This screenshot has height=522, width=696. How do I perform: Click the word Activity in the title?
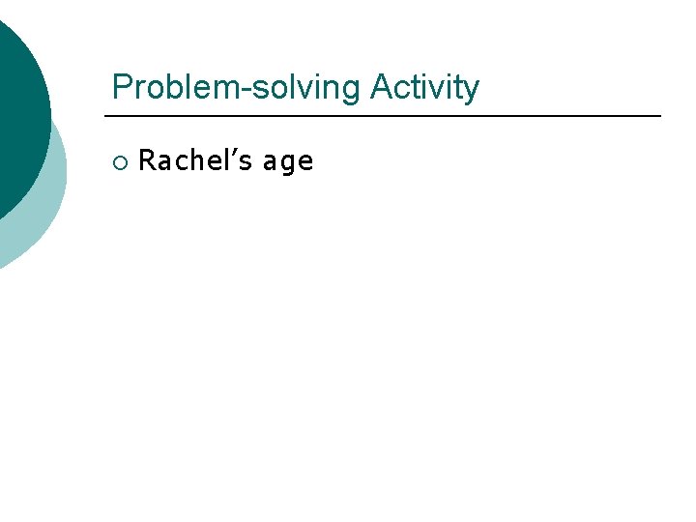click(424, 87)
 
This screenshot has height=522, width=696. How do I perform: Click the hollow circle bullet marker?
click(119, 161)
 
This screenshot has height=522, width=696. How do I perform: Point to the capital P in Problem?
click(122, 87)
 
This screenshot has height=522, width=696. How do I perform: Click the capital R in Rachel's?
click(147, 160)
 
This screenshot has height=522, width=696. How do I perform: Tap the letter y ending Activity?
click(471, 91)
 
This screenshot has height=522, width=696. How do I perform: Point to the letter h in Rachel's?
click(195, 160)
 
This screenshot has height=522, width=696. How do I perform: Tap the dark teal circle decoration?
click(14, 106)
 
